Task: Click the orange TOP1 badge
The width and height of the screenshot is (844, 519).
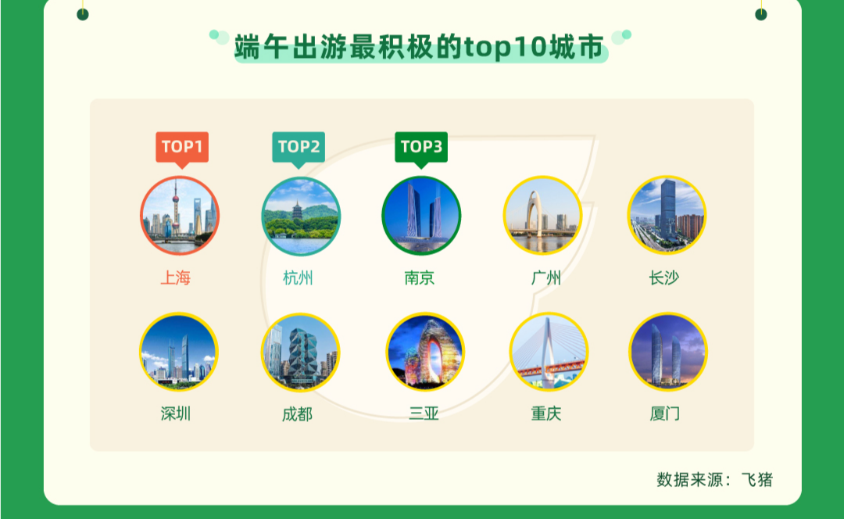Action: point(182,148)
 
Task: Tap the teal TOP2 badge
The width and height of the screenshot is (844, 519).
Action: point(299,148)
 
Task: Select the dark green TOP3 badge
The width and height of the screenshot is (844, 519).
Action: point(421,148)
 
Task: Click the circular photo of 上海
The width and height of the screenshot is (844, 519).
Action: point(180,216)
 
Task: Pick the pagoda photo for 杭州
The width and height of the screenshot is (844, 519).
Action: point(301,216)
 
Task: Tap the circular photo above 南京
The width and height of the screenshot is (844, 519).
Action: point(421,216)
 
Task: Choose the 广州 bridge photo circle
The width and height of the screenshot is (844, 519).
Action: point(542,216)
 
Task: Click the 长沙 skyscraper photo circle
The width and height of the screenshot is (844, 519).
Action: point(667,215)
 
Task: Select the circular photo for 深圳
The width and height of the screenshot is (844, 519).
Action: point(179,352)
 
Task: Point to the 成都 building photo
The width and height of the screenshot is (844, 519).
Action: point(300,352)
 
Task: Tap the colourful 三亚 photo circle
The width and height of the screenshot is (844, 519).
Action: point(425,352)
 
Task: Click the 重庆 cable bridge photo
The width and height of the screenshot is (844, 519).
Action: point(549,352)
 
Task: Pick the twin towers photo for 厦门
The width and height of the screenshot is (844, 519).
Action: point(668,352)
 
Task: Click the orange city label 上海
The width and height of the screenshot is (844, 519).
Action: point(176,277)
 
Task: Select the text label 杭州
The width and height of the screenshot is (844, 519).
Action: point(298,277)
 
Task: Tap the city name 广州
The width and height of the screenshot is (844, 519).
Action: point(545,277)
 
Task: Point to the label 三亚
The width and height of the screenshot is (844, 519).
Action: point(424,413)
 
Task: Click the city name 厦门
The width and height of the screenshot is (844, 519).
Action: point(665,413)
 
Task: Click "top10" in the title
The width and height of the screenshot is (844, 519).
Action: point(506,48)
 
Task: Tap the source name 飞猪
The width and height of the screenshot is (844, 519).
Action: point(757,479)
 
